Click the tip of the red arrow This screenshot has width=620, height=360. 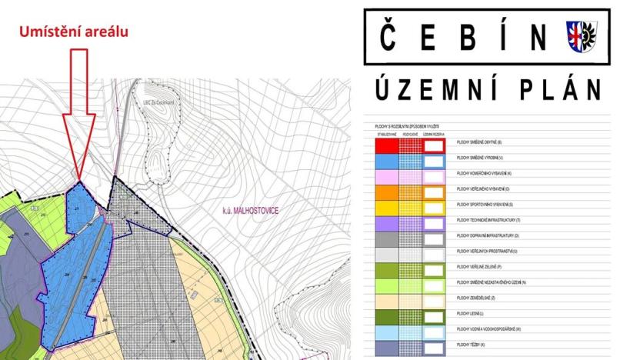(x=79, y=180)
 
